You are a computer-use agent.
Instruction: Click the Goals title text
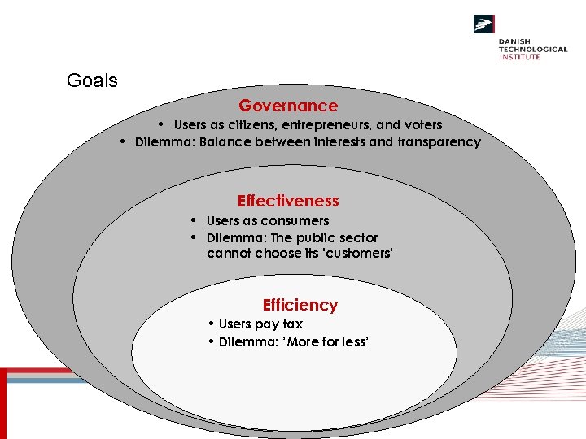[92, 80]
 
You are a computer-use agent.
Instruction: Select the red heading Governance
[288, 106]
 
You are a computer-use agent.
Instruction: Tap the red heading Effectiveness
[288, 201]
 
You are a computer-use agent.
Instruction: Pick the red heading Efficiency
[300, 305]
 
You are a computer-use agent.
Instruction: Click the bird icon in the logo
[484, 24]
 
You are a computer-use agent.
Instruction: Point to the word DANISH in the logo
[516, 41]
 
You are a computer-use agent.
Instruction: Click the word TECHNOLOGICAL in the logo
[533, 50]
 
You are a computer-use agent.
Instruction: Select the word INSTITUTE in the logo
[519, 57]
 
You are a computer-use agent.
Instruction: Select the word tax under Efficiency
[292, 324]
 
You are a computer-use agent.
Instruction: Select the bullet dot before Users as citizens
[162, 124]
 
